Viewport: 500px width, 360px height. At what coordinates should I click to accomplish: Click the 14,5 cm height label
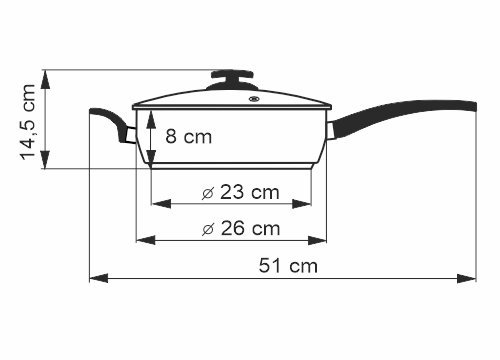(28, 122)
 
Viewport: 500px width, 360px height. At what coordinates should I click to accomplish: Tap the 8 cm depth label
(189, 136)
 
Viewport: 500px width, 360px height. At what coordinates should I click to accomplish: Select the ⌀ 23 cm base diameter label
(240, 192)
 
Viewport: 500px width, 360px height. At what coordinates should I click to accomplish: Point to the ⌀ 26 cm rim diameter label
(241, 229)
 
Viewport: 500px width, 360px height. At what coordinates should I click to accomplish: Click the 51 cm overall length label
(288, 266)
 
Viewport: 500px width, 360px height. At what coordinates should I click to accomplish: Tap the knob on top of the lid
(233, 80)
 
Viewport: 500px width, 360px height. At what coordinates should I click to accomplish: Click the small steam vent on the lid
(254, 99)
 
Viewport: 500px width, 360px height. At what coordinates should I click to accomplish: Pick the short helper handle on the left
(113, 125)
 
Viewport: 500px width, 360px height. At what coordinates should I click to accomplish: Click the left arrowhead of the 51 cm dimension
(99, 278)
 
